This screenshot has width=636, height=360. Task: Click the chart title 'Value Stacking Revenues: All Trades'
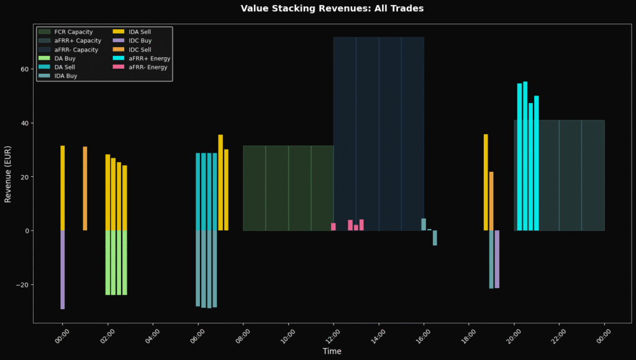332,9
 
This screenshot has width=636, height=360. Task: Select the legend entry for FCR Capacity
66,32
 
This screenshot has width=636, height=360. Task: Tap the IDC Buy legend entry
132,40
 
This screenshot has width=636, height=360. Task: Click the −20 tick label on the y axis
22,285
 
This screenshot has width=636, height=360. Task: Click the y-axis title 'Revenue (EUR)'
7,174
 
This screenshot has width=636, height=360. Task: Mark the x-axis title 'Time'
332,351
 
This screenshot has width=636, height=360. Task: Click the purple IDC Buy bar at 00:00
63,270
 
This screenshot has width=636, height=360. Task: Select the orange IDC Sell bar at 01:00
85,189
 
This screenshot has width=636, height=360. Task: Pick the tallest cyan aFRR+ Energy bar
525,156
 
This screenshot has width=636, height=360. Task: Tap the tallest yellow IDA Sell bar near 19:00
486,182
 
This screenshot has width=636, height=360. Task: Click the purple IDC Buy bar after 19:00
497,259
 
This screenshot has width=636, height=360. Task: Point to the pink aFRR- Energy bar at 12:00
334,227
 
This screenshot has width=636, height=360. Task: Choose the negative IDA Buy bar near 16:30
435,238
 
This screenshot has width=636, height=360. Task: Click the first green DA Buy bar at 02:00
108,263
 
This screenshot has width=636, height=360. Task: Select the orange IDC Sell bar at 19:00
491,201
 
